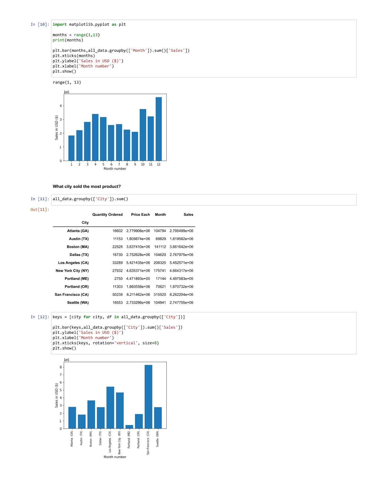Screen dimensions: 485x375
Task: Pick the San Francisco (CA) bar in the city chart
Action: [148, 397]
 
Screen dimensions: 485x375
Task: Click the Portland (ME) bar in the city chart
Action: [129, 427]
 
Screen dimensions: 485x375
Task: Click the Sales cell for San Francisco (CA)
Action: [181, 295]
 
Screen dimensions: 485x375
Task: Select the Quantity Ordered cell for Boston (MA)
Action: [117, 247]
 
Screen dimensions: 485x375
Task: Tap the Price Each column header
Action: [140, 215]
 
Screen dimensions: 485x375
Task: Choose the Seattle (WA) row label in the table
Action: [78, 302]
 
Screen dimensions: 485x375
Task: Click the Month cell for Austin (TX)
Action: [161, 239]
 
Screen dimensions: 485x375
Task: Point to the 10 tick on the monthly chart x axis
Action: [143, 164]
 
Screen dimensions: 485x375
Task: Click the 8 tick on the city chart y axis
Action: [61, 367]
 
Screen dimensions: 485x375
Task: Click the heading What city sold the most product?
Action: [87, 186]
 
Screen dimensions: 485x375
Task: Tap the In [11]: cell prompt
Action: [40, 199]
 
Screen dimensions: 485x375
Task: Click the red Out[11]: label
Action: [40, 210]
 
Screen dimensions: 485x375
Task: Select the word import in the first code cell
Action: [60, 24]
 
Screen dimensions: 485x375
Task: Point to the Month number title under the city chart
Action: [115, 457]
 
